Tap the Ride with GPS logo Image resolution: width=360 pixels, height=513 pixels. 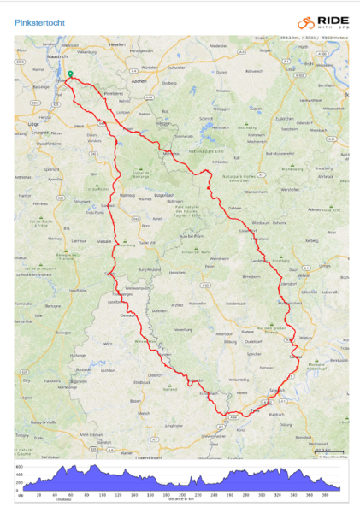coord(322,24)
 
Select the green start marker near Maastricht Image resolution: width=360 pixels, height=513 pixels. coord(69,74)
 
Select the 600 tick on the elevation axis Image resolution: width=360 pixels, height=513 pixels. coord(19,466)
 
